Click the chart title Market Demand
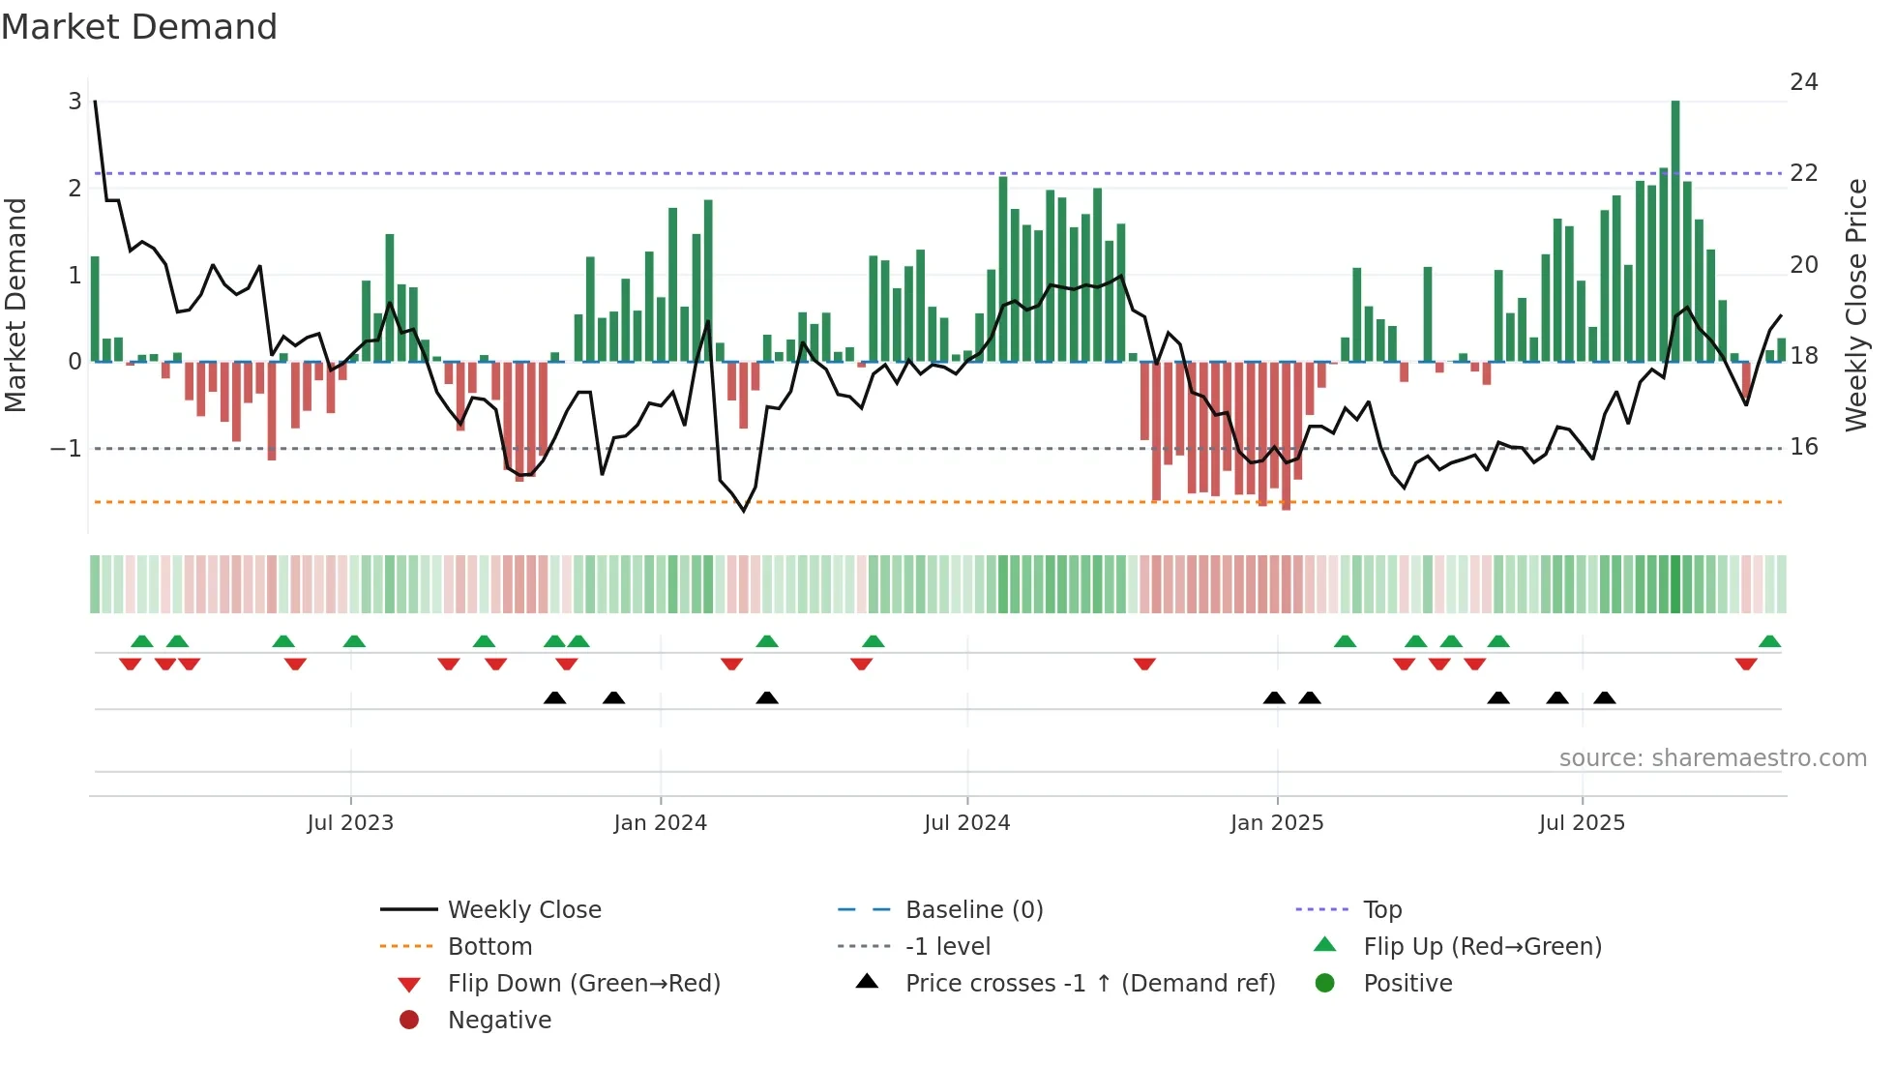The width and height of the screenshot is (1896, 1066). click(139, 26)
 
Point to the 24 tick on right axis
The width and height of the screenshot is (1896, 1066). click(1803, 82)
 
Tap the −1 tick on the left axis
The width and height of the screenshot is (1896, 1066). click(66, 449)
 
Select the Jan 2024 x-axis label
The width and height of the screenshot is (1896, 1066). click(660, 823)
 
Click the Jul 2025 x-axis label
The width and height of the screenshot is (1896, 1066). click(1582, 823)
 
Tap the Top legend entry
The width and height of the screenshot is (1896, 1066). click(1382, 910)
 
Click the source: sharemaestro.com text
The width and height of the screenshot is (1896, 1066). click(1712, 758)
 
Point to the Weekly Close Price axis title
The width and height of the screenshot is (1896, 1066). click(1855, 305)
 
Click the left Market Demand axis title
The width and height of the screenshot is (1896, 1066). click(15, 305)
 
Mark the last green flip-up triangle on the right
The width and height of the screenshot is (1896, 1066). click(1769, 641)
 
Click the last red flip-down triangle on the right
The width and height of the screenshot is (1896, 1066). click(1745, 664)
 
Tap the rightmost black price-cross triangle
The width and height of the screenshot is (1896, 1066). click(1604, 697)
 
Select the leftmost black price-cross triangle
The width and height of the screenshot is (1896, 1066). click(554, 697)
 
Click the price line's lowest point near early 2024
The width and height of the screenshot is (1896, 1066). click(744, 511)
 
